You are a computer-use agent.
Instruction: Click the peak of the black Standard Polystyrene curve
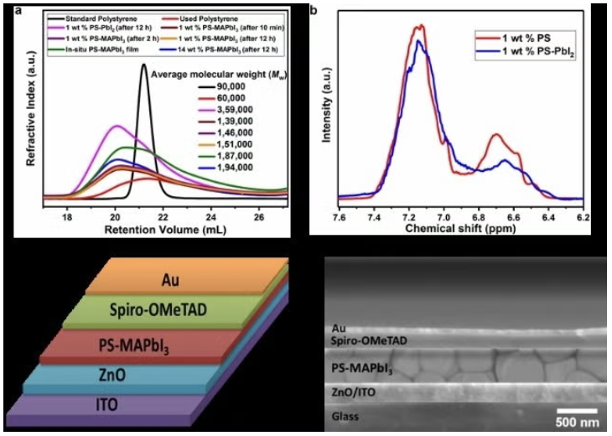pyautogui.click(x=143, y=64)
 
